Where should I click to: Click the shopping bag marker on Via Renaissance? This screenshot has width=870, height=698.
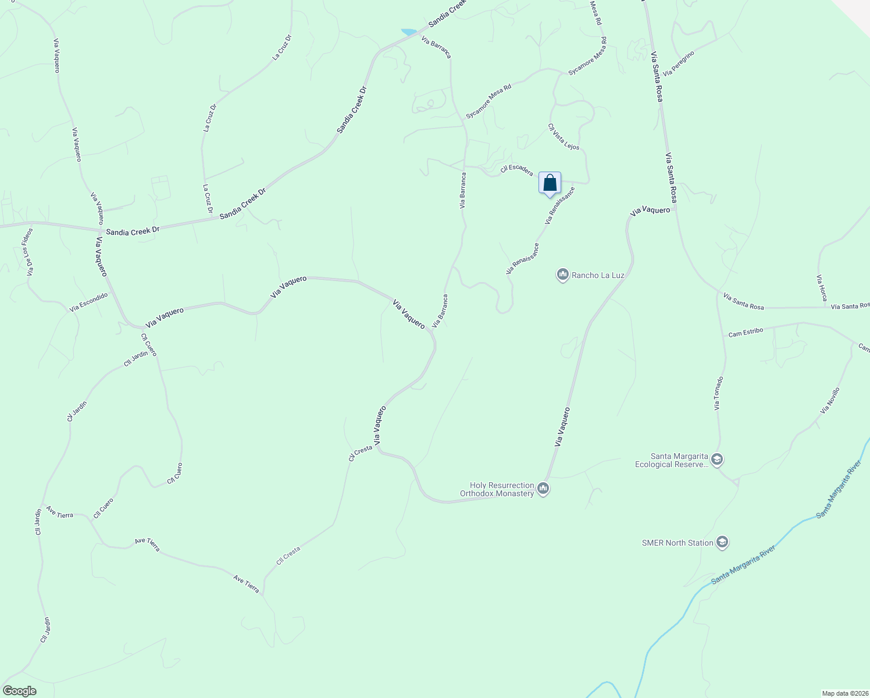pyautogui.click(x=550, y=184)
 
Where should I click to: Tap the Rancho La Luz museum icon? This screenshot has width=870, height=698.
pyautogui.click(x=562, y=275)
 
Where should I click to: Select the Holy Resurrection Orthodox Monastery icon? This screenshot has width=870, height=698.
pyautogui.click(x=543, y=489)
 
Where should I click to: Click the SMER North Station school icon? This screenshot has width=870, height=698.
pyautogui.click(x=722, y=543)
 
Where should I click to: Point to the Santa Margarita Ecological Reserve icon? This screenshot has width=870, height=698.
pyautogui.click(x=716, y=460)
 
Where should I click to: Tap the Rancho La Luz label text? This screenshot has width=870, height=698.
pyautogui.click(x=598, y=275)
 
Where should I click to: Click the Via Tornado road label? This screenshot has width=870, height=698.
pyautogui.click(x=719, y=393)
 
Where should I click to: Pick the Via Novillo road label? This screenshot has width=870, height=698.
pyautogui.click(x=830, y=401)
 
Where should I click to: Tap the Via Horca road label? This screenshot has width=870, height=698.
pyautogui.click(x=822, y=288)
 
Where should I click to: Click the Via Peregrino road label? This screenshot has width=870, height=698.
pyautogui.click(x=679, y=63)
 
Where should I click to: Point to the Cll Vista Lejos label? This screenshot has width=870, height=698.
pyautogui.click(x=564, y=137)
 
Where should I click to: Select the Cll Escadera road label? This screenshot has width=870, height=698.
pyautogui.click(x=516, y=170)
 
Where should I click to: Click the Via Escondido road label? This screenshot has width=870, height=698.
pyautogui.click(x=89, y=302)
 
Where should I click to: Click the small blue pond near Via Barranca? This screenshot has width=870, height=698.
pyautogui.click(x=409, y=31)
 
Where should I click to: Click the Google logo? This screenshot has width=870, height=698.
pyautogui.click(x=19, y=691)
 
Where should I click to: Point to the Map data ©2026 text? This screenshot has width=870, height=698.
pyautogui.click(x=844, y=693)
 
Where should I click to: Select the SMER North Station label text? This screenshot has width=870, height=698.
pyautogui.click(x=678, y=543)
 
